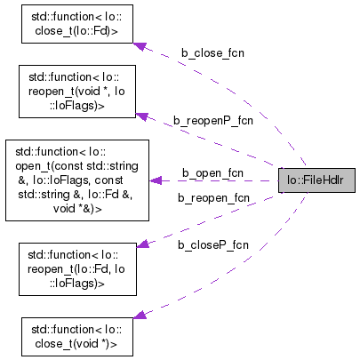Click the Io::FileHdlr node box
(x=316, y=180)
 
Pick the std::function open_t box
(x=76, y=179)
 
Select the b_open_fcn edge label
(x=212, y=172)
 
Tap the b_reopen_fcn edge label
(x=213, y=197)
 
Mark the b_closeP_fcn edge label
(x=212, y=244)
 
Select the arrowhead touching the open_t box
(x=156, y=180)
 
